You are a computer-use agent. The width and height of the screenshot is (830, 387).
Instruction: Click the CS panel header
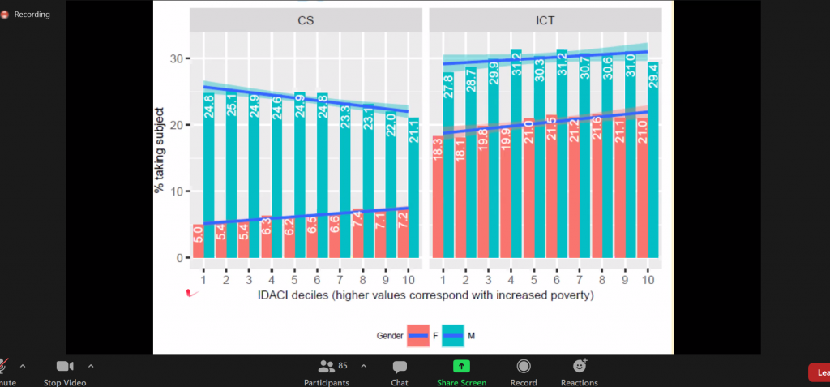(x=306, y=20)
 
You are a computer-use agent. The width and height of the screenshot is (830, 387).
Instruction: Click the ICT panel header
(x=545, y=20)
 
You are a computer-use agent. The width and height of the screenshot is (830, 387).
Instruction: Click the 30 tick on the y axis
(x=178, y=58)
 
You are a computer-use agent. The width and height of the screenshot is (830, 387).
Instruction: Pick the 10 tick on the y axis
(x=178, y=191)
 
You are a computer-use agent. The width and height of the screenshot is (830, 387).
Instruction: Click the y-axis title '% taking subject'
(x=160, y=150)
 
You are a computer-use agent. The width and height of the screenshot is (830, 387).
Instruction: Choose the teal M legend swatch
(x=451, y=335)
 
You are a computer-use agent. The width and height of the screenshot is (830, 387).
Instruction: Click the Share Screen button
(x=461, y=371)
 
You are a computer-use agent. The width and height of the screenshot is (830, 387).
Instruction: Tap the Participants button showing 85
(x=327, y=371)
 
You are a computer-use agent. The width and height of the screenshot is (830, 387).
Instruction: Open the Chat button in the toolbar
(x=400, y=371)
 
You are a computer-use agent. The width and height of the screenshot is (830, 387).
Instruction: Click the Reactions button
(x=579, y=371)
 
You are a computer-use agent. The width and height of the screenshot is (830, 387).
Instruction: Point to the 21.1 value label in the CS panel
(x=414, y=131)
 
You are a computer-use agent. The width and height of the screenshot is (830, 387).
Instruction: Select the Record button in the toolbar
(x=524, y=371)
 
